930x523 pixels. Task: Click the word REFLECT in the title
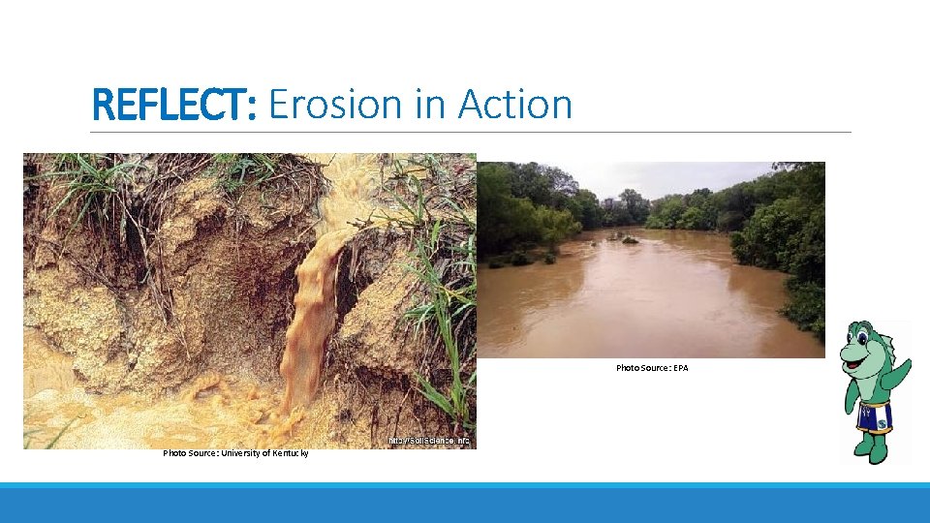click(172, 105)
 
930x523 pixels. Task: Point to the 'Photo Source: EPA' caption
click(652, 368)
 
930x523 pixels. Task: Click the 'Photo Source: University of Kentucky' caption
click(235, 453)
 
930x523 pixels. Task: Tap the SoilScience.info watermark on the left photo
click(428, 441)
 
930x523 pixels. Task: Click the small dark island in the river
click(631, 239)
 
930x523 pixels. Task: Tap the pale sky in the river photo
click(678, 177)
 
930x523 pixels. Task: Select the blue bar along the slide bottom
click(465, 504)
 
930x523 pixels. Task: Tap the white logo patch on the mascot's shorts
click(884, 417)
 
